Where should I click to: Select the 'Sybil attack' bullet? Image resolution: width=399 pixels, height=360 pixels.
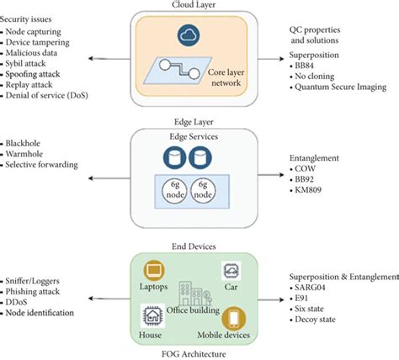tap(32, 61)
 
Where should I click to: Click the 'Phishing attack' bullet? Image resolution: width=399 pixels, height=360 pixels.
tap(39, 290)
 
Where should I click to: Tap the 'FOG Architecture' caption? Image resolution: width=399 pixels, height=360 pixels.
tap(198, 353)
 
